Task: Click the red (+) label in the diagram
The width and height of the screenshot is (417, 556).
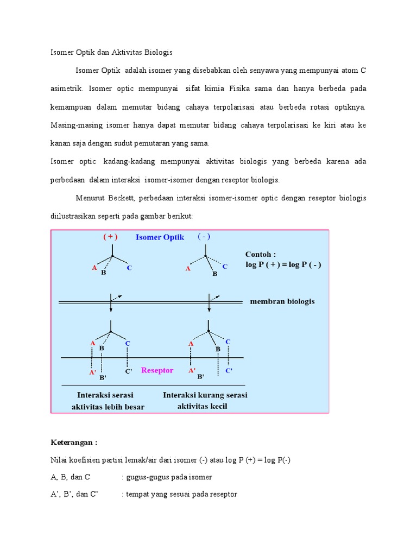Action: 110,237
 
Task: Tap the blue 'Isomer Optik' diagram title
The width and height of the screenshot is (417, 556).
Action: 160,237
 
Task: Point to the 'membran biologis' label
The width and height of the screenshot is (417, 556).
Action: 282,301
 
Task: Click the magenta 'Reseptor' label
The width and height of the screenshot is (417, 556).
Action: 157,370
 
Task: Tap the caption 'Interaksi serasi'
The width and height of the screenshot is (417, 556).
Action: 105,395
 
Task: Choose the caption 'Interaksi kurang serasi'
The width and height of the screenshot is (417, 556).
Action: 205,395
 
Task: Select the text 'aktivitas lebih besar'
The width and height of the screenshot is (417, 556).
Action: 108,407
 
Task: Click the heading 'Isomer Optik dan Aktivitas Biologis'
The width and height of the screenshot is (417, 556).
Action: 111,52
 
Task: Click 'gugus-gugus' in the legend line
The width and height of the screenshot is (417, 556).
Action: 146,477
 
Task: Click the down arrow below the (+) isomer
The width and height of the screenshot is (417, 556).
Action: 111,305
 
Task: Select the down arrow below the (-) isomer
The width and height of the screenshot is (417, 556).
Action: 209,305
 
